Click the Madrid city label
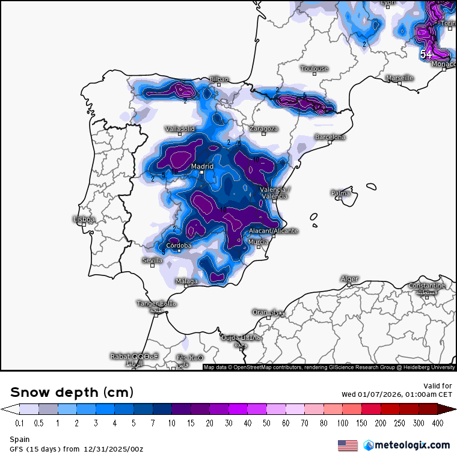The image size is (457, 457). [x=203, y=167]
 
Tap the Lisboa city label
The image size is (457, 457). [x=84, y=219]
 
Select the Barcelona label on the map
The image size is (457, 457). [x=330, y=137]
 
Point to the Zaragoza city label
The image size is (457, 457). [x=264, y=129]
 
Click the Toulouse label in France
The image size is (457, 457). [x=314, y=69]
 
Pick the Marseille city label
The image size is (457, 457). [x=400, y=78]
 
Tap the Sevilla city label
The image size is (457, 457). [x=152, y=260]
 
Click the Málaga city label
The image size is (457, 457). [x=186, y=281]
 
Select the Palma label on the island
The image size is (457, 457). [x=340, y=193]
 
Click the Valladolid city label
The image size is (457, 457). [x=180, y=129]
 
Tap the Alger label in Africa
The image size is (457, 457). [x=349, y=279]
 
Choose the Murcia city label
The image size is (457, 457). [x=258, y=242]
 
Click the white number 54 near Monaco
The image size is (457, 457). [x=426, y=54]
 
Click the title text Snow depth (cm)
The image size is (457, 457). [x=72, y=392]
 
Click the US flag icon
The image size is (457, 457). [x=347, y=445]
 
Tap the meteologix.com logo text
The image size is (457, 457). [x=412, y=445]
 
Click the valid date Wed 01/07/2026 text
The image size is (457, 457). [x=396, y=394]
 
